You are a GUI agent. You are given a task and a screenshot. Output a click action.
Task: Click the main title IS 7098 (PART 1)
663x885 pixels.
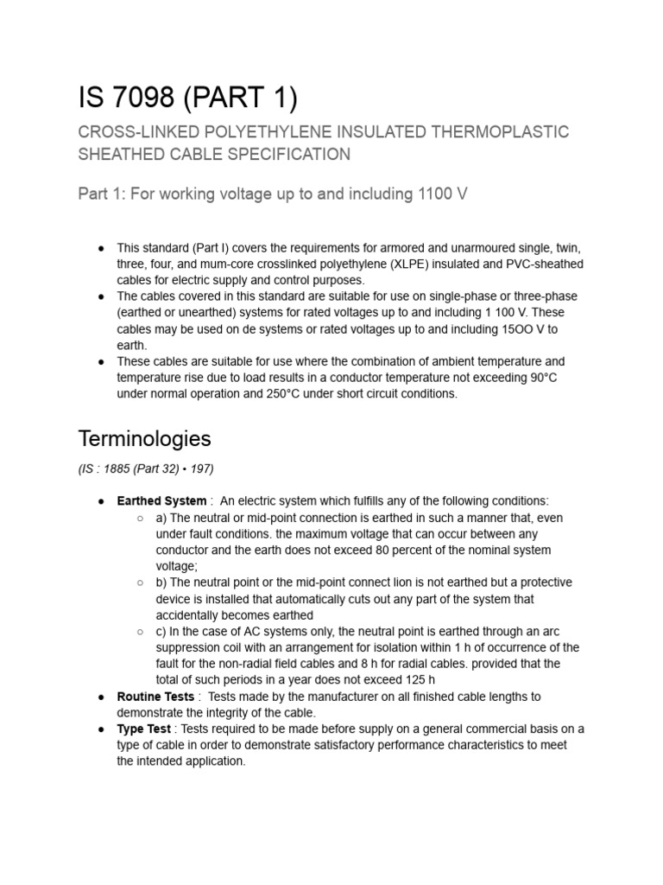[x=187, y=98]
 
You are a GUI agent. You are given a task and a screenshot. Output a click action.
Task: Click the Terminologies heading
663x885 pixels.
[x=144, y=438]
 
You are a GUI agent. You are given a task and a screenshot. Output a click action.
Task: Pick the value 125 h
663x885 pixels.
[x=415, y=679]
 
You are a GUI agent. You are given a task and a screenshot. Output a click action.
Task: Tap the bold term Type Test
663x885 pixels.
[x=143, y=729]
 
